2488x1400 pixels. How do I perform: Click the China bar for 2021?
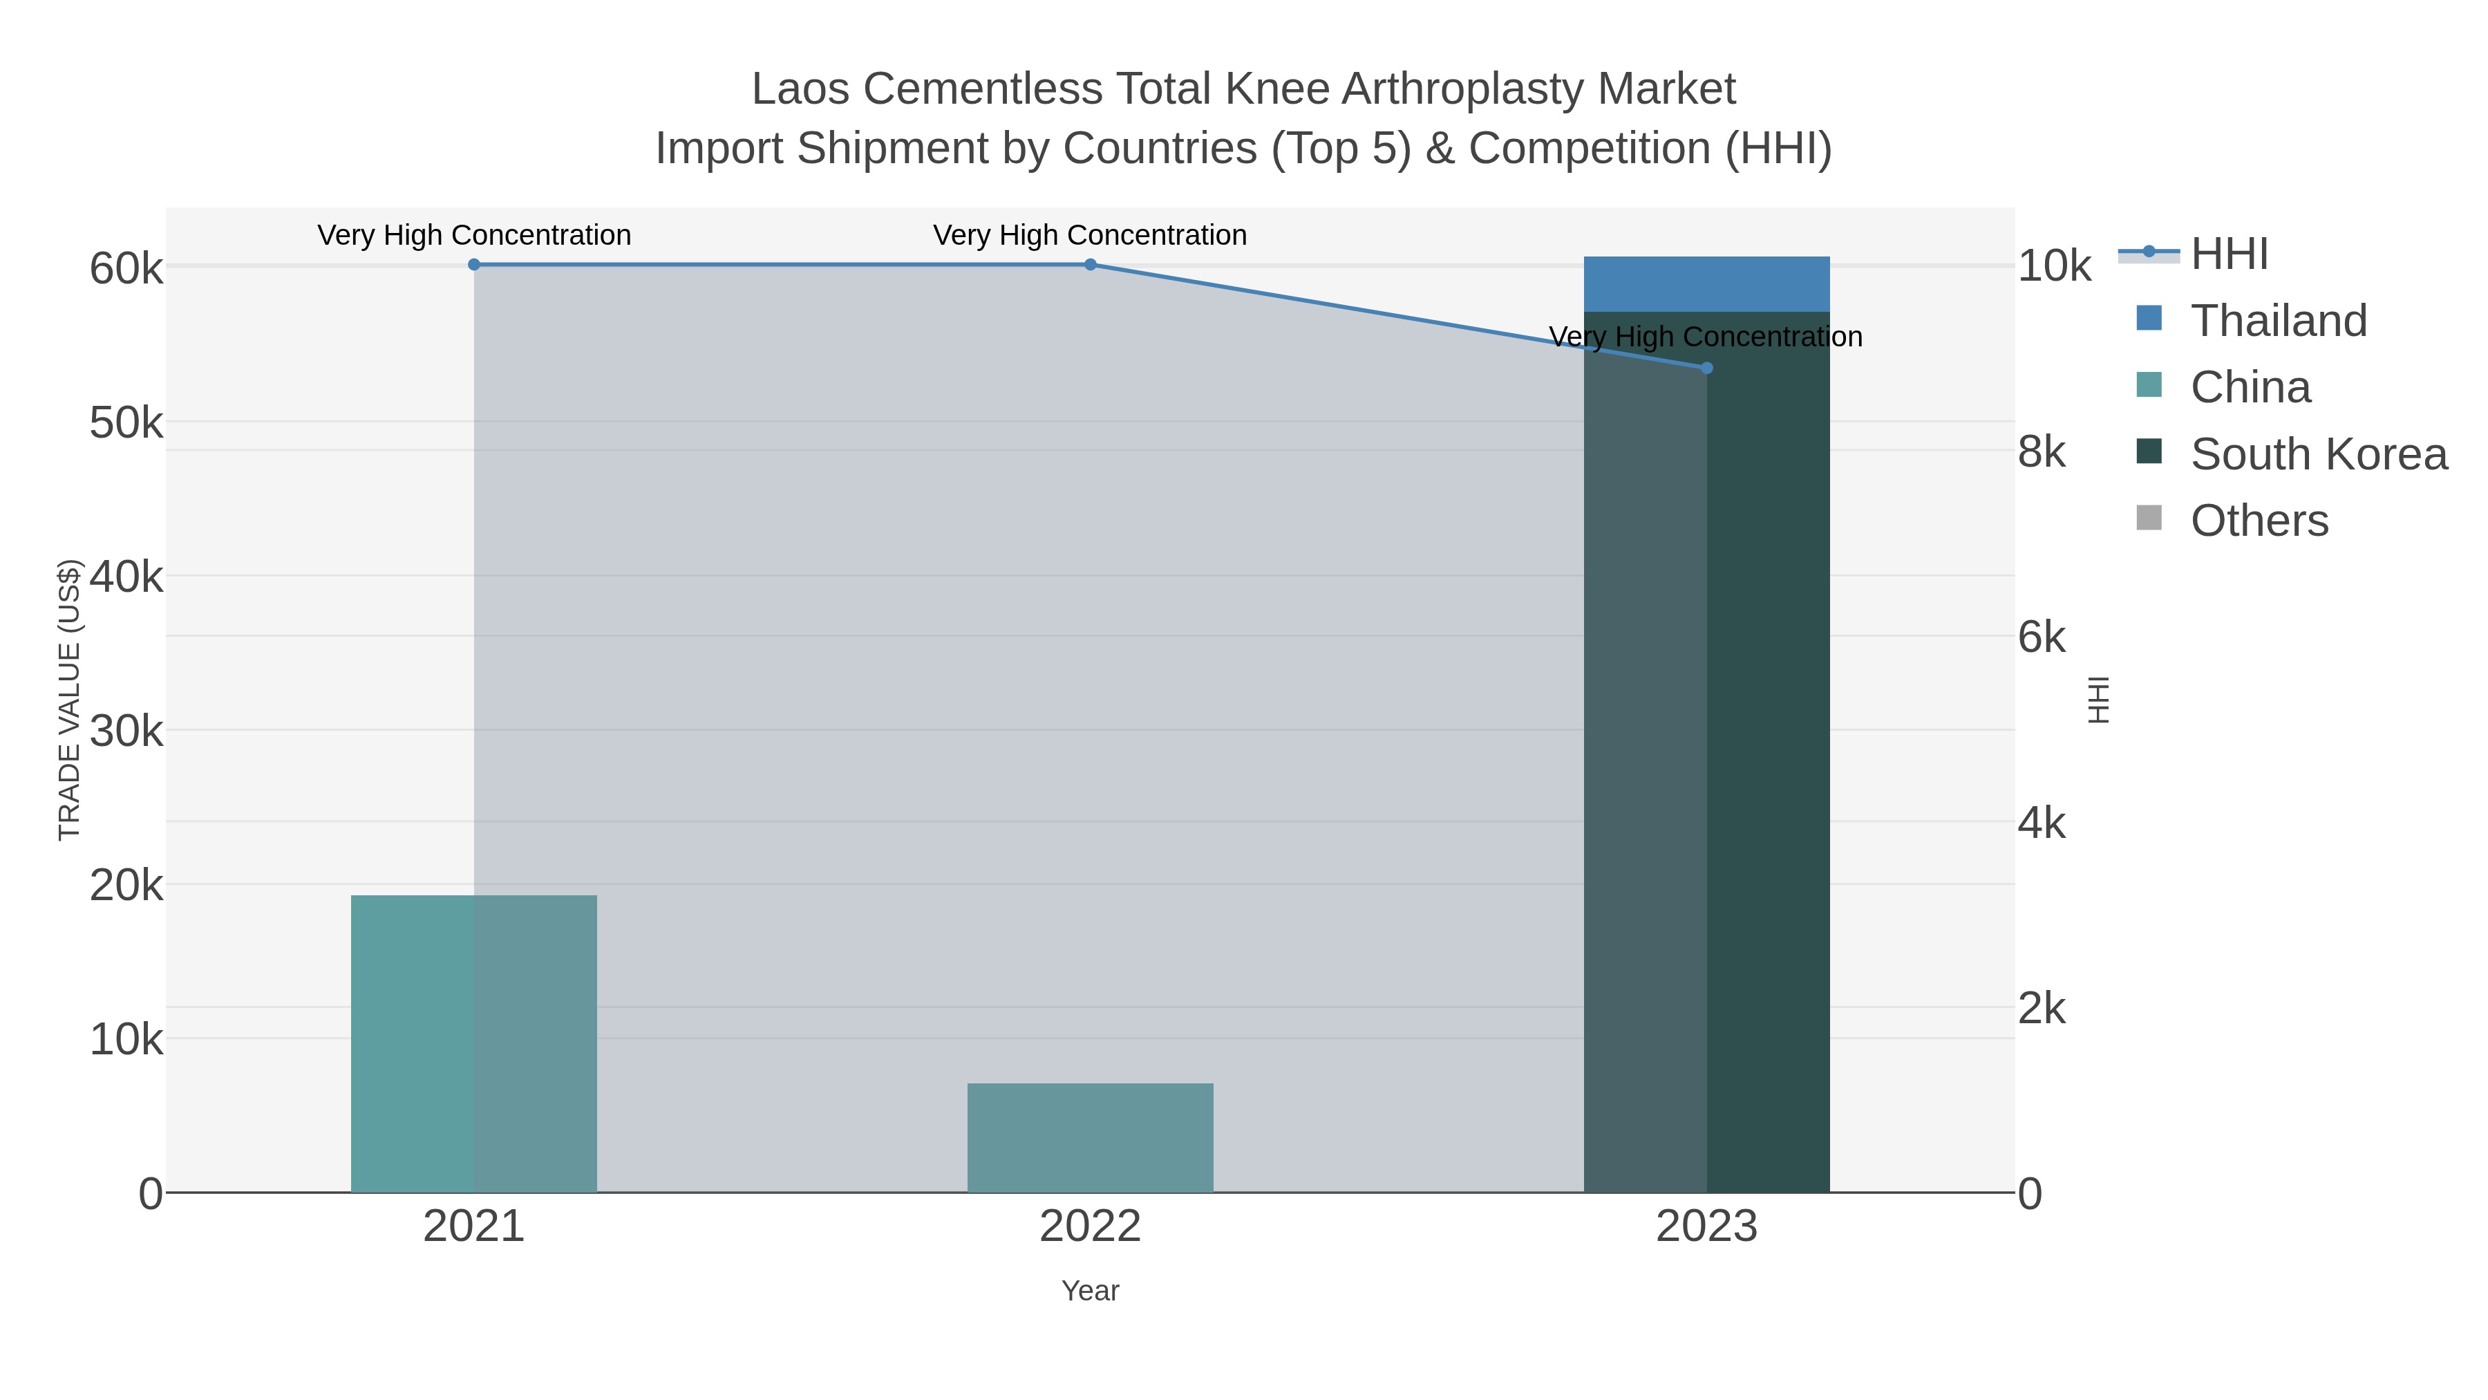tap(473, 1043)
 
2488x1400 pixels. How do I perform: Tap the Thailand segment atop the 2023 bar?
tap(1706, 284)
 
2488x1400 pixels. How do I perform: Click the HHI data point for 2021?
tap(474, 265)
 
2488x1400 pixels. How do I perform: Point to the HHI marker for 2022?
tap(1091, 265)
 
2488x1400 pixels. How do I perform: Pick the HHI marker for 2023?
tap(1706, 368)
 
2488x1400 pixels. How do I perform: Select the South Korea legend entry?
tap(2318, 454)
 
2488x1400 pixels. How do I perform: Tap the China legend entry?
tap(2250, 387)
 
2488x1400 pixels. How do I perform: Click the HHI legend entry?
tap(2229, 254)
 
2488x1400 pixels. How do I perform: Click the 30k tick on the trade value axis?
tap(126, 731)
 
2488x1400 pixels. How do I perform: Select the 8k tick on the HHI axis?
tap(2042, 452)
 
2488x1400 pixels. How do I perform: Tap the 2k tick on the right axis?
tap(2042, 1009)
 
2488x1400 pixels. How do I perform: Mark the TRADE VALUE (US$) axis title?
tap(70, 700)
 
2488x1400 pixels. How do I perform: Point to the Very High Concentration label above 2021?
tap(474, 235)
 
